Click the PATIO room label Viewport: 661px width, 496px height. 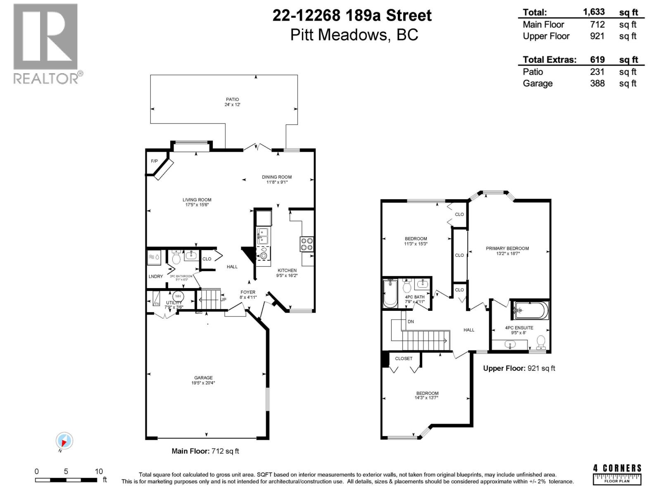tap(232, 100)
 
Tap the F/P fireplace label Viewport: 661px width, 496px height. tap(154, 161)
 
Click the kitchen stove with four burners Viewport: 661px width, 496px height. tap(307, 244)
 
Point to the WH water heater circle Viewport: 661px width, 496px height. tap(178, 296)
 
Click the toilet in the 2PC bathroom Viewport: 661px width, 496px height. tap(176, 258)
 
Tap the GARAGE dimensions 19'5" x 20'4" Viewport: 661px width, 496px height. tap(203, 383)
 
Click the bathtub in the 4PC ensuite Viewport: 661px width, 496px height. tap(531, 310)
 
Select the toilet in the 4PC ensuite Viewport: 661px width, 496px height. tap(540, 342)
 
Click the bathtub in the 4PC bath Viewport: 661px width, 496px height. tap(390, 293)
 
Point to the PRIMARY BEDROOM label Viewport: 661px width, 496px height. tap(507, 248)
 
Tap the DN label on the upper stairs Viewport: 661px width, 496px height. tap(410, 322)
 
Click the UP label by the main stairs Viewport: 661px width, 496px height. tap(223, 299)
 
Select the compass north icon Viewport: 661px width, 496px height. tap(64, 441)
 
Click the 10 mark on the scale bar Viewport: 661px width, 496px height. tap(98, 472)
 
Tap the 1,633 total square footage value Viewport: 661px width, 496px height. tap(594, 12)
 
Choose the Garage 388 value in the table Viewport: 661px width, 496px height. tap(597, 83)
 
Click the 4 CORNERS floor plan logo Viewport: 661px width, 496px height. tap(617, 474)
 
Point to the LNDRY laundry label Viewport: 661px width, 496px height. tap(156, 276)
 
